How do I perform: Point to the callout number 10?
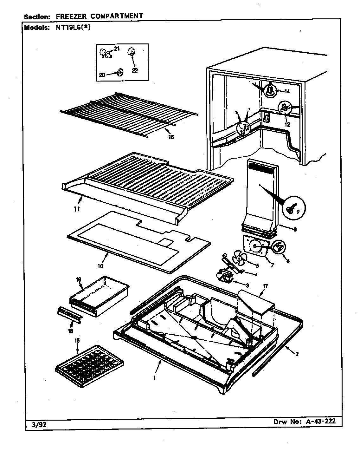click(x=100, y=266)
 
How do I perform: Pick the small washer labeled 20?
click(x=120, y=73)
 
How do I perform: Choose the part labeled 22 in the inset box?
click(x=131, y=52)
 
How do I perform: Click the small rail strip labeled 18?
click(x=69, y=315)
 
